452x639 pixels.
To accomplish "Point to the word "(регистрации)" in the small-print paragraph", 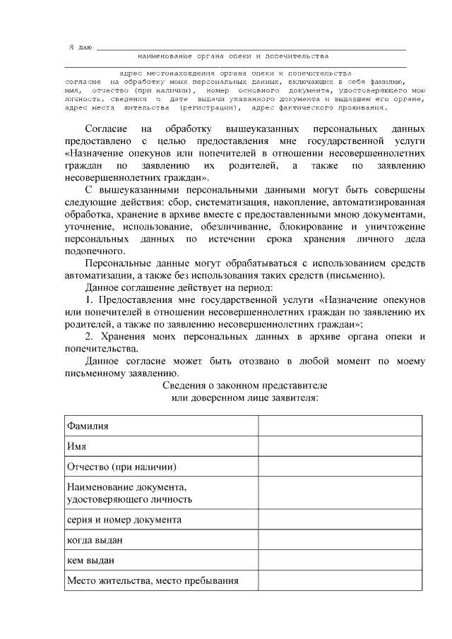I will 210,108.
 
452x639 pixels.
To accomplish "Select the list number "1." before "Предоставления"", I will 90,300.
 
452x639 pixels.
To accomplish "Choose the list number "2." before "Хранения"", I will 90,337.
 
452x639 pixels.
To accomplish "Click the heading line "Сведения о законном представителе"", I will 244,386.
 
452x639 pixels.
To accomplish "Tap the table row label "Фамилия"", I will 88,426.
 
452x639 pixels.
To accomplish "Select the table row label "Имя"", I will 76,446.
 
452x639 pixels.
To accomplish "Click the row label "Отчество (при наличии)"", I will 121,467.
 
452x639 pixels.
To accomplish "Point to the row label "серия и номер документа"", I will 124,520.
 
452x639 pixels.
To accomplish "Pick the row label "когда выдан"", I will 95,540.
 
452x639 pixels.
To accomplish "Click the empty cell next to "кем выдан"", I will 340,561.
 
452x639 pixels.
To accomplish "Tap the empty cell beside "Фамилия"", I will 340,426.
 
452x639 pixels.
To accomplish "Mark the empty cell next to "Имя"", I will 340,446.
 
